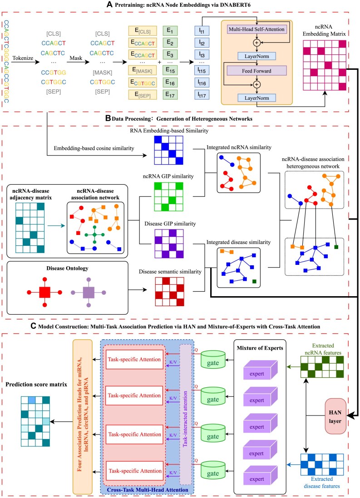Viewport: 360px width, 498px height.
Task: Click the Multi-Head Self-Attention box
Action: pos(256,29)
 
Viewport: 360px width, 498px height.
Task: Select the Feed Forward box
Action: pos(256,71)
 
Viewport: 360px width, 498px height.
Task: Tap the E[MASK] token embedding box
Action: pos(143,70)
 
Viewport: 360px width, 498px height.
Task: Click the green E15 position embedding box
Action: pos(170,70)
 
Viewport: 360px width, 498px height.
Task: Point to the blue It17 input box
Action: pos(202,95)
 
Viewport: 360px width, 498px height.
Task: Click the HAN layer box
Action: pos(335,416)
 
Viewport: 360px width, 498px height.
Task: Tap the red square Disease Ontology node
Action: pos(45,292)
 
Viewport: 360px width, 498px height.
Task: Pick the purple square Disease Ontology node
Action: pos(89,292)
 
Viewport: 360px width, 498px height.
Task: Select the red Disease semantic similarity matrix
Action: pos(169,292)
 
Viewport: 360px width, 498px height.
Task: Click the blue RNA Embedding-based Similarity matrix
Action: pos(168,150)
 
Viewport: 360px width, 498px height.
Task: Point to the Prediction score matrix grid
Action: pos(35,421)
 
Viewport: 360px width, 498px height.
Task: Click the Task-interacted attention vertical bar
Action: pos(185,415)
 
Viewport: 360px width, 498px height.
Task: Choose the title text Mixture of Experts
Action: pos(260,348)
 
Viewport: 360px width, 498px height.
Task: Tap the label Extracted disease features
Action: pos(322,483)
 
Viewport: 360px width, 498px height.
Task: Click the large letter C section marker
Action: pos(34,326)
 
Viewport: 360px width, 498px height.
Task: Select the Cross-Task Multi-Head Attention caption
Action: pos(147,490)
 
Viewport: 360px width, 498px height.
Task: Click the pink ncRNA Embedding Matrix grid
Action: pos(325,65)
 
